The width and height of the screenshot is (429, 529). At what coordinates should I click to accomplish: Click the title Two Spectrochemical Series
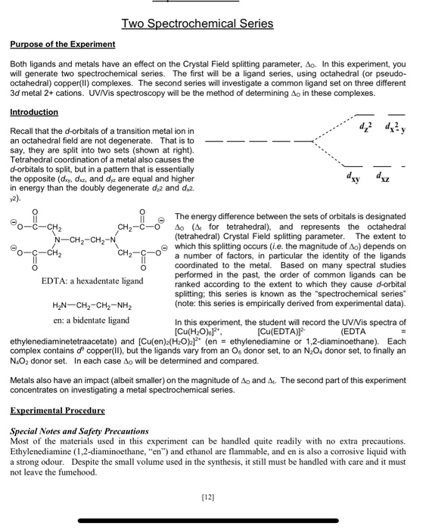click(214, 26)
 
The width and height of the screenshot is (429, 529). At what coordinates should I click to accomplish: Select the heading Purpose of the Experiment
click(63, 45)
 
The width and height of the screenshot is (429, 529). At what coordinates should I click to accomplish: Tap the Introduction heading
click(34, 112)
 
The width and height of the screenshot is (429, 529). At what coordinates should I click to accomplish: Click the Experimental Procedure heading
click(58, 410)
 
